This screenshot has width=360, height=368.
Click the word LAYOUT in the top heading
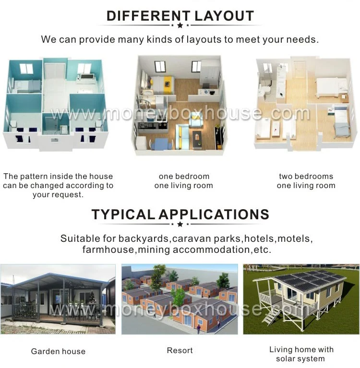224,16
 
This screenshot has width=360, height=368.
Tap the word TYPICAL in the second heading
123,214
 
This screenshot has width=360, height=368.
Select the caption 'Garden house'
58,351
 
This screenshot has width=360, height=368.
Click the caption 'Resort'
180,350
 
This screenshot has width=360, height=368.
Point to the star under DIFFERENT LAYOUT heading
180,25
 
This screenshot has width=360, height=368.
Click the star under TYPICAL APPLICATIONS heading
180,224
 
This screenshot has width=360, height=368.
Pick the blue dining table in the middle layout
161,143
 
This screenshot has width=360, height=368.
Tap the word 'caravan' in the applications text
192,238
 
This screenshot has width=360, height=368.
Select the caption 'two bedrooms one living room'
306,181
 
